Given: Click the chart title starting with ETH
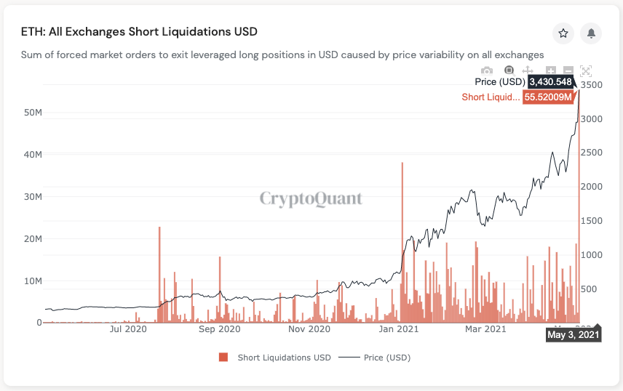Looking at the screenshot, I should tap(138, 32).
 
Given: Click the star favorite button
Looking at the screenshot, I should tap(563, 33).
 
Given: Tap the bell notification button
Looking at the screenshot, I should tap(591, 33).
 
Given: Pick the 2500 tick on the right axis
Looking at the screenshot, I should tap(592, 153).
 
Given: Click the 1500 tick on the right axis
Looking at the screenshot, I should tap(592, 221).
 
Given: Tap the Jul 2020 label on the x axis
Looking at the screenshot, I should tap(128, 329).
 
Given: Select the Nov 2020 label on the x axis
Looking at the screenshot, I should tap(309, 329).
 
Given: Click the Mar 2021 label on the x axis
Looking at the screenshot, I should tap(485, 329).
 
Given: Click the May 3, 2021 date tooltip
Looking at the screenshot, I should tap(573, 335).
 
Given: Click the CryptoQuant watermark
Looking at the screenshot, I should tap(311, 198).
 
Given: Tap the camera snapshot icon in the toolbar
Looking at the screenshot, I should tap(487, 70).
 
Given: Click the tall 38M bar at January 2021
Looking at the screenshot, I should tap(402, 240).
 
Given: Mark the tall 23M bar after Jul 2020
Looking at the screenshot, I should tap(159, 273).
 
